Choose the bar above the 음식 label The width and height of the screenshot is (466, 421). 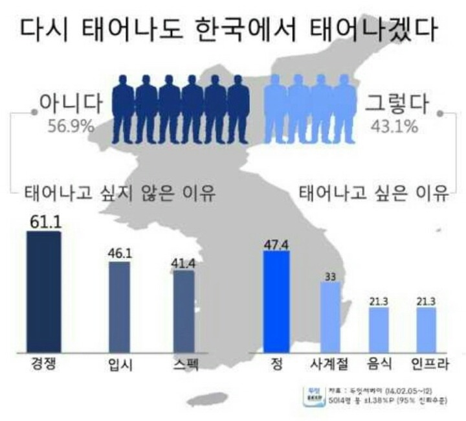(x=379, y=331)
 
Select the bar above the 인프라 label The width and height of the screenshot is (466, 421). (x=426, y=331)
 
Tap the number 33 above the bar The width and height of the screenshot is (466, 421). (x=329, y=277)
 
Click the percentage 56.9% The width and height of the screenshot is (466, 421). (x=71, y=125)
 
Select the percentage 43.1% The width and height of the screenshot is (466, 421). (x=394, y=125)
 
